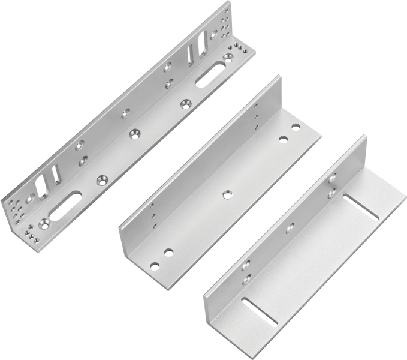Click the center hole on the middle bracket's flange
point(227,194)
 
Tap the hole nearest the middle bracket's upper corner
point(296,127)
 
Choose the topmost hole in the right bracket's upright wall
point(333,177)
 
